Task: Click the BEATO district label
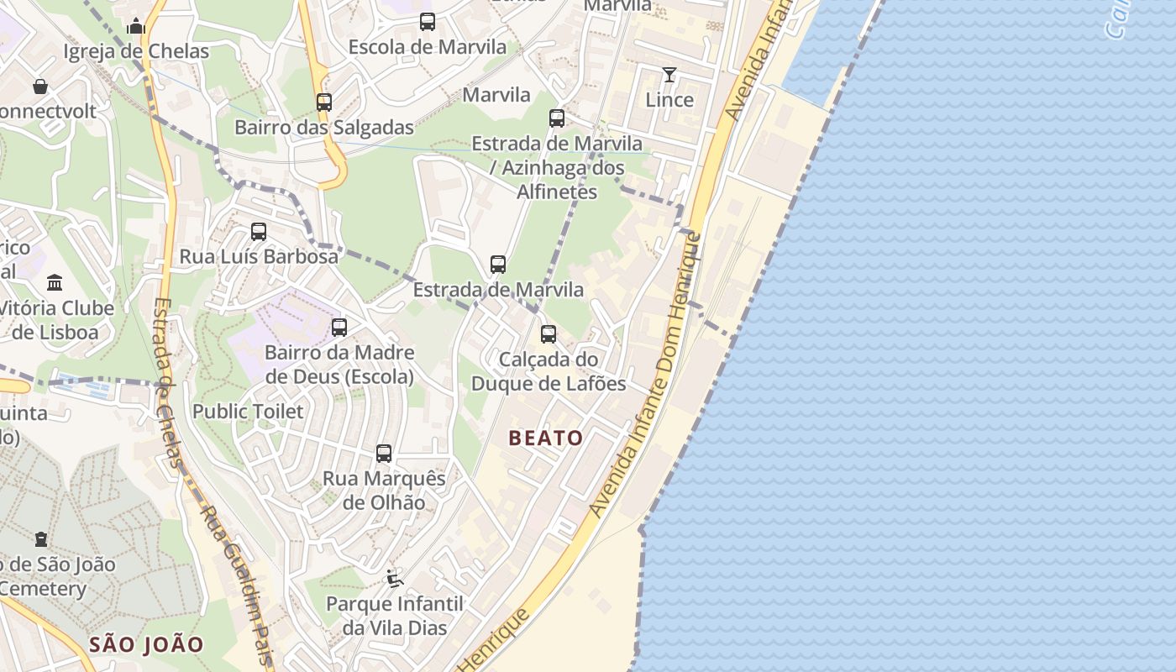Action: pyautogui.click(x=545, y=438)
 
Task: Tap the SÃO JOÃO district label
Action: pyautogui.click(x=146, y=645)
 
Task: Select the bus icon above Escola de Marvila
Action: pyautogui.click(x=428, y=22)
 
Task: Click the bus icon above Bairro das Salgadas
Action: pyautogui.click(x=324, y=102)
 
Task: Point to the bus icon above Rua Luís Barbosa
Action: pyautogui.click(x=259, y=231)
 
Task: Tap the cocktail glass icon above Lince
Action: pyautogui.click(x=669, y=75)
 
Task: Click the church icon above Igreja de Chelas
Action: pyautogui.click(x=136, y=26)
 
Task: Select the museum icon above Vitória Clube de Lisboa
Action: pyautogui.click(x=55, y=282)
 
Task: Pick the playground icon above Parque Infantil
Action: pyautogui.click(x=394, y=578)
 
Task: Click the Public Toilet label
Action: pyautogui.click(x=248, y=412)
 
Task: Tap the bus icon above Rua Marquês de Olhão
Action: pyautogui.click(x=384, y=454)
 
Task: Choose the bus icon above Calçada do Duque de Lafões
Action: pyautogui.click(x=549, y=334)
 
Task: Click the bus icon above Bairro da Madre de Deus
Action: pyautogui.click(x=339, y=328)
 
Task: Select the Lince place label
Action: pyautogui.click(x=669, y=100)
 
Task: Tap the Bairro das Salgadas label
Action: pyautogui.click(x=324, y=128)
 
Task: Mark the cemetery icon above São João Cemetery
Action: pyautogui.click(x=40, y=538)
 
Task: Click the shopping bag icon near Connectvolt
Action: pyautogui.click(x=39, y=86)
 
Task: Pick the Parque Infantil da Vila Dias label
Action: pyautogui.click(x=395, y=616)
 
